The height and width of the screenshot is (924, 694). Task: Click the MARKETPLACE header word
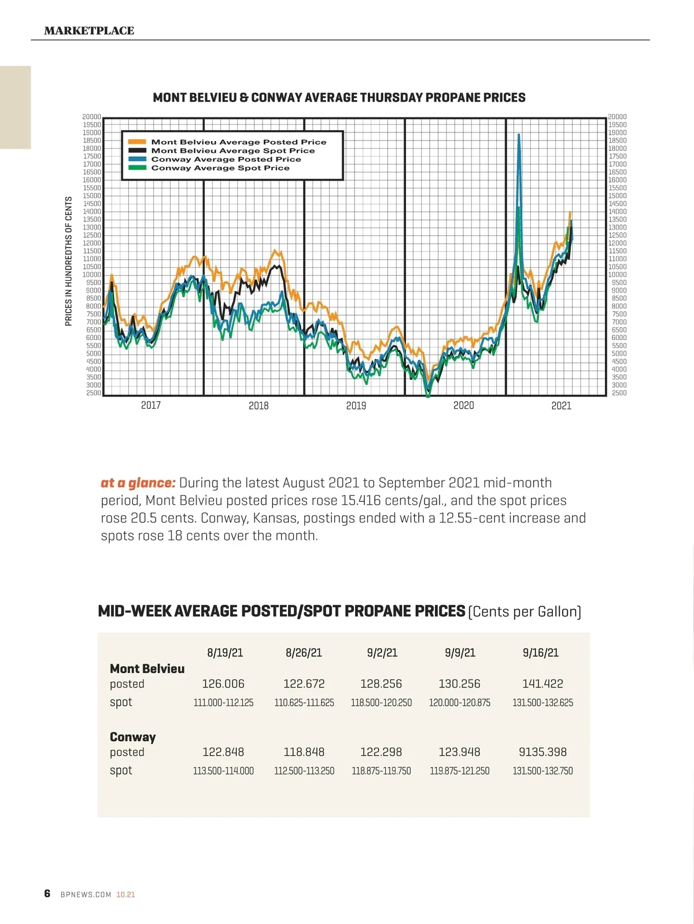pos(89,31)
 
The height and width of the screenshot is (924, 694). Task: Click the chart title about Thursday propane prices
pos(339,98)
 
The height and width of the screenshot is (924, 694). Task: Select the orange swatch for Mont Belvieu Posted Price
pos(137,142)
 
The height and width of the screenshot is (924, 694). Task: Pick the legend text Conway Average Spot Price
pos(220,168)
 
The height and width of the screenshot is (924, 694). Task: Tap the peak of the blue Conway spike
pos(519,135)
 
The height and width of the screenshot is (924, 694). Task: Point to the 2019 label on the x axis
pos(356,406)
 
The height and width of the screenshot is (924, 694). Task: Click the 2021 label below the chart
pos(561,406)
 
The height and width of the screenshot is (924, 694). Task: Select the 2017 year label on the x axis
pos(151,405)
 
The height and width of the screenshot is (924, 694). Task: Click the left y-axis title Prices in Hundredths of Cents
pos(69,261)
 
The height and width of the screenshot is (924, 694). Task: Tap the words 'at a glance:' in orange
pos(138,483)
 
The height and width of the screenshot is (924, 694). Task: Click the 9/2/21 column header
pos(382,653)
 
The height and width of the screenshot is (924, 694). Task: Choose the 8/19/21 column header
pos(225,653)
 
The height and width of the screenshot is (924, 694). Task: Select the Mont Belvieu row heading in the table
pos(147,669)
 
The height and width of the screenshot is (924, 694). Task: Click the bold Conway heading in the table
pos(132,737)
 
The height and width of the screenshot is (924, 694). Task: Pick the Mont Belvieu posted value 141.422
pos(542,684)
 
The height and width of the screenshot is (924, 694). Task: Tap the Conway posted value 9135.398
pos(542,752)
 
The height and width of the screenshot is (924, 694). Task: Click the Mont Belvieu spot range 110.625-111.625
pos(304,703)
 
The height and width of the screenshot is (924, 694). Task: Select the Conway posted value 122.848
pos(223,752)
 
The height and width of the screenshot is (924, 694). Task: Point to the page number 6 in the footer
pos(47,894)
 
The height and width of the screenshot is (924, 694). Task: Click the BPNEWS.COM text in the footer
pos(86,895)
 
